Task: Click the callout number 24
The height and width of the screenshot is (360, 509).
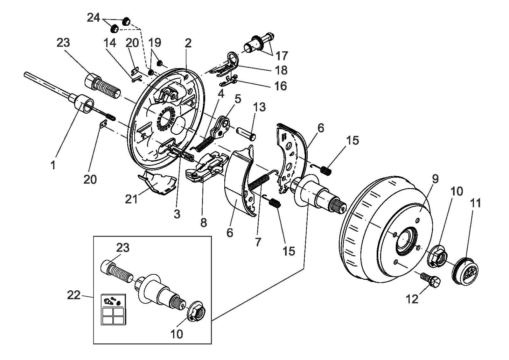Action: (94, 18)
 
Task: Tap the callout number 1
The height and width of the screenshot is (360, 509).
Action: (53, 165)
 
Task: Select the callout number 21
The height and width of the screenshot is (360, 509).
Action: (131, 199)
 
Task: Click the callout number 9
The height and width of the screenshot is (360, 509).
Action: (435, 179)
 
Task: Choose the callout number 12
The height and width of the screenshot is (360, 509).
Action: (412, 299)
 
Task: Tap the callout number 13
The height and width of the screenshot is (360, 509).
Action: (260, 107)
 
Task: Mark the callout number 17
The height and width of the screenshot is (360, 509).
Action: (282, 56)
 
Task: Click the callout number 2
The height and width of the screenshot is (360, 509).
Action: (188, 43)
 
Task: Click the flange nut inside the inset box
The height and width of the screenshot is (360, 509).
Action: (197, 311)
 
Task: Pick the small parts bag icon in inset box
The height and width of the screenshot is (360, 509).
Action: (113, 310)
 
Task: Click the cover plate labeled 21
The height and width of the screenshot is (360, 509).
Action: (157, 183)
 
